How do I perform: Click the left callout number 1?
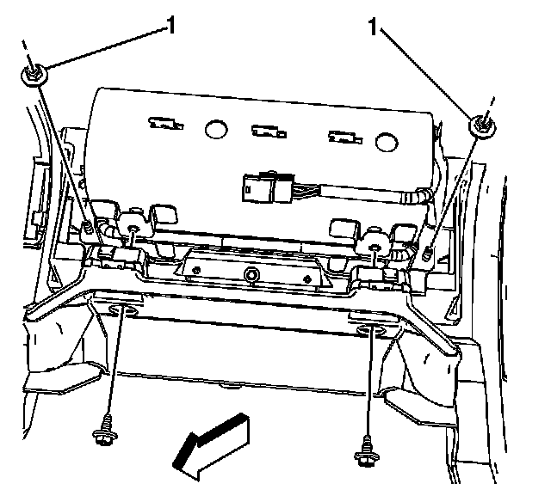(170, 26)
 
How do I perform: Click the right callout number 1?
(374, 27)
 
